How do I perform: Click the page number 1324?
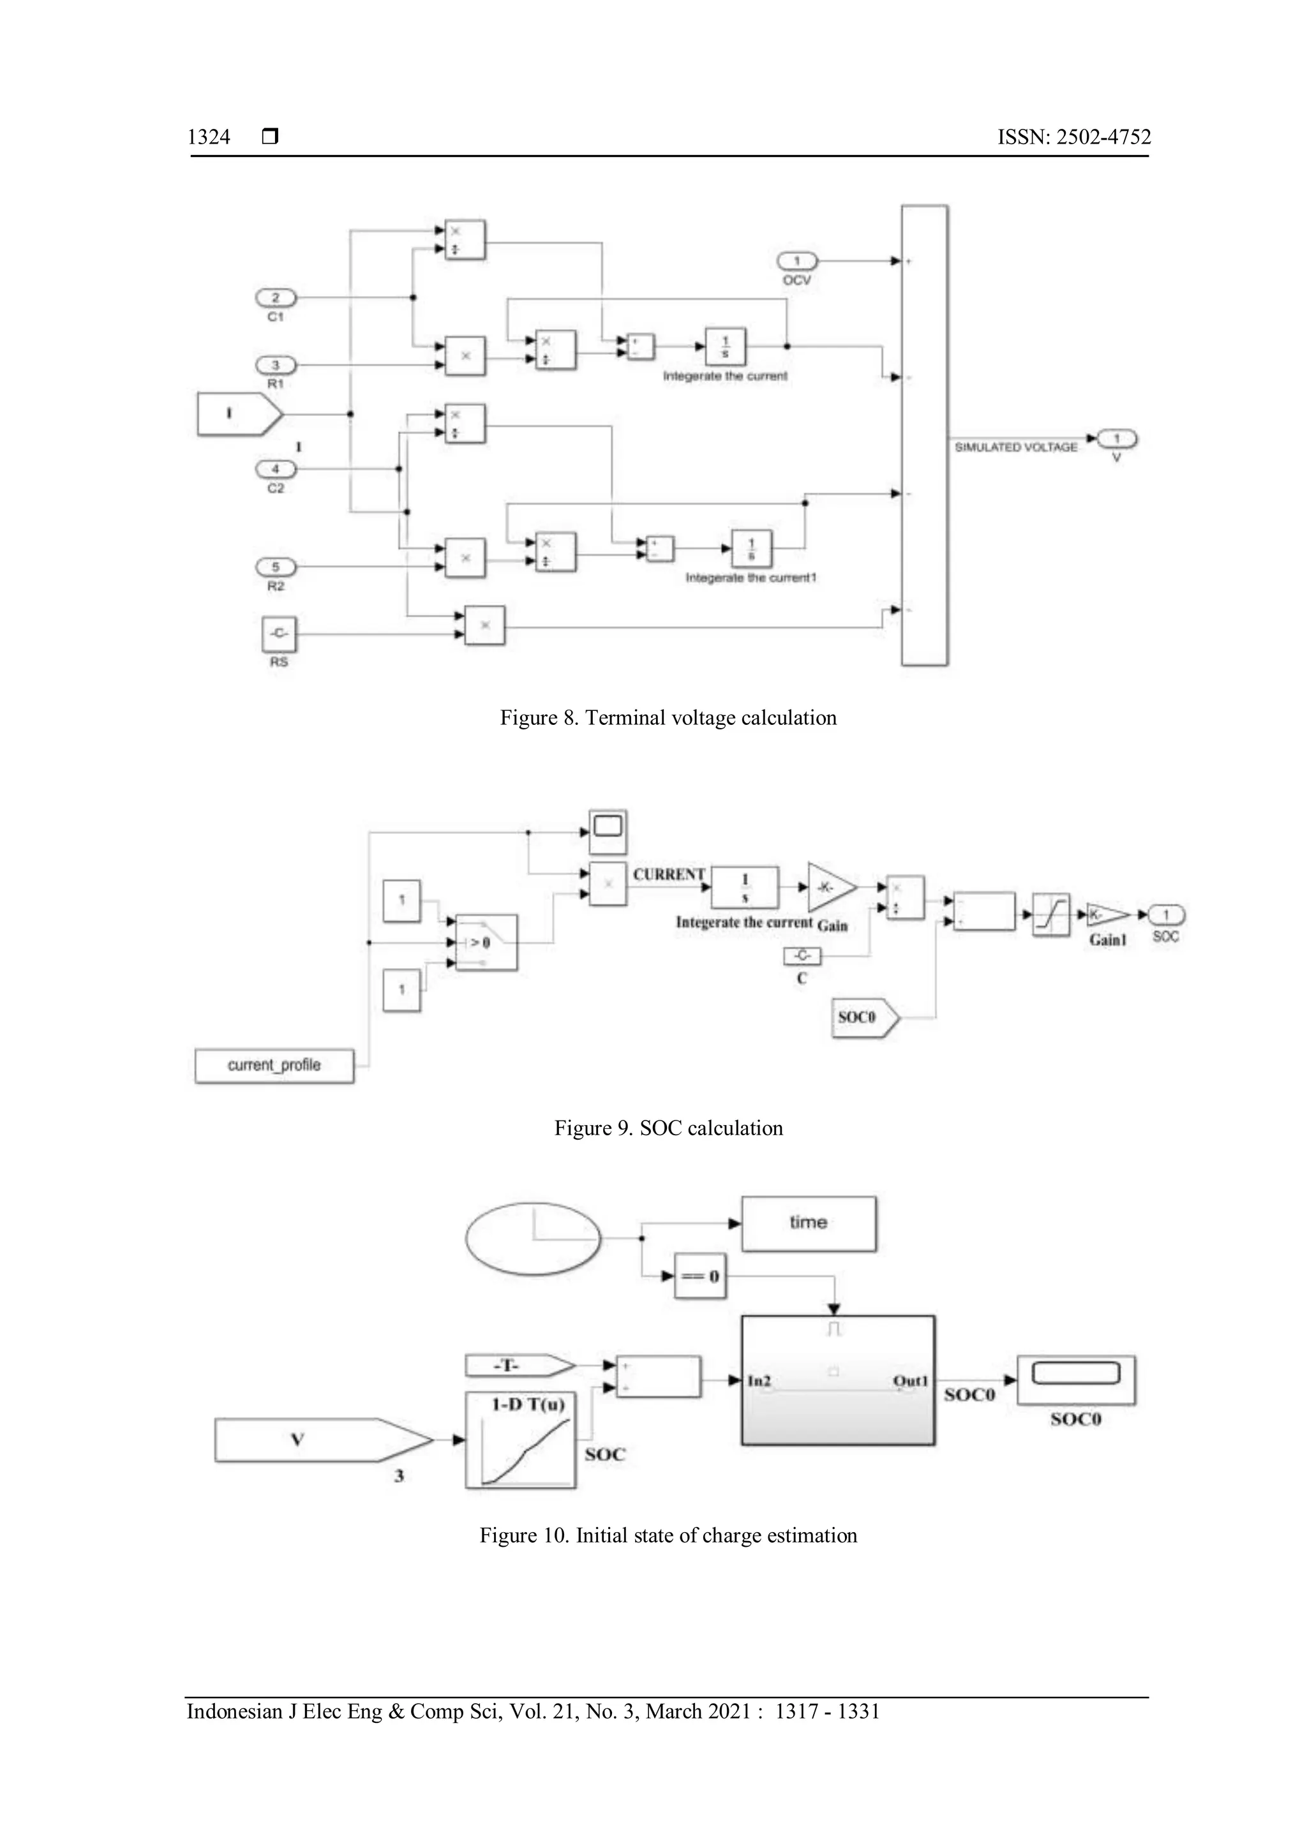pyautogui.click(x=209, y=138)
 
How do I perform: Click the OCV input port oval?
pyautogui.click(x=796, y=261)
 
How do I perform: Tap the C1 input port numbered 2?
pyautogui.click(x=275, y=298)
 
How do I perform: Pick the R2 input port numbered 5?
pyautogui.click(x=275, y=567)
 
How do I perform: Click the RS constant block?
pyautogui.click(x=278, y=634)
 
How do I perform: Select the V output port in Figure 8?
pyautogui.click(x=1116, y=438)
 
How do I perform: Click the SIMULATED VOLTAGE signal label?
pyautogui.click(x=1015, y=447)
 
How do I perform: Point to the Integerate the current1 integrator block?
pyautogui.click(x=751, y=549)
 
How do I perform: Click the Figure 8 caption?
pyautogui.click(x=668, y=718)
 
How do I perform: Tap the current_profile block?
pyautogui.click(x=274, y=1066)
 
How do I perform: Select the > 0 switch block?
pyautogui.click(x=486, y=943)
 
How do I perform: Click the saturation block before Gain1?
pyautogui.click(x=1050, y=915)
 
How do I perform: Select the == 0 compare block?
pyautogui.click(x=699, y=1276)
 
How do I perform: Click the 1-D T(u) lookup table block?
pyautogui.click(x=521, y=1440)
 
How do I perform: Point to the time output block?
pyautogui.click(x=808, y=1223)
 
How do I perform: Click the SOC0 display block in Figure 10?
pyautogui.click(x=1075, y=1380)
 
